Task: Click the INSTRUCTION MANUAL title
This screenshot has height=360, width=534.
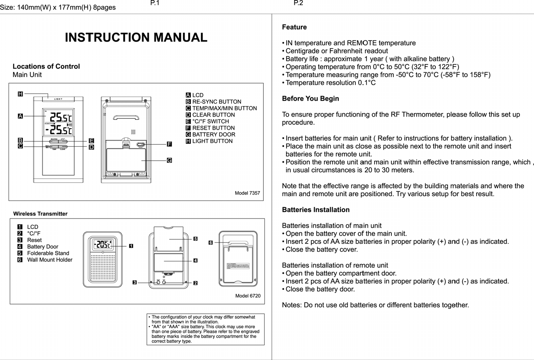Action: pyautogui.click(x=136, y=38)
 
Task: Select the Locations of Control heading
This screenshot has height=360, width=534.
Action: pyautogui.click(x=46, y=66)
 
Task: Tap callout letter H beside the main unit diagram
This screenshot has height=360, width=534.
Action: pyautogui.click(x=20, y=94)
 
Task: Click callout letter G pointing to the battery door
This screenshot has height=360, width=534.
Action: pyautogui.click(x=169, y=160)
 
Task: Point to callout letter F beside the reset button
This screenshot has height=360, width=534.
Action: pyautogui.click(x=169, y=144)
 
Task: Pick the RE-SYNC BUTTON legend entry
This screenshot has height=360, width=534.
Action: pyautogui.click(x=216, y=102)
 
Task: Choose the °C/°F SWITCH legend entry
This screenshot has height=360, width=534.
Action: pyautogui.click(x=210, y=121)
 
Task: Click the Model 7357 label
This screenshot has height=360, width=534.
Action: pyautogui.click(x=247, y=193)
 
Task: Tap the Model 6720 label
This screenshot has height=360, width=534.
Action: pyautogui.click(x=248, y=296)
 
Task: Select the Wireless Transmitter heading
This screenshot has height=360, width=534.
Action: pyautogui.click(x=40, y=214)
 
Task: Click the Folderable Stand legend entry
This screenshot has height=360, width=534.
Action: pyautogui.click(x=48, y=253)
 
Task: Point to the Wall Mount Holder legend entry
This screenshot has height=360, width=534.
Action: pyautogui.click(x=49, y=260)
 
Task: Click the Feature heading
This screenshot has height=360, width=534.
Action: pyautogui.click(x=294, y=27)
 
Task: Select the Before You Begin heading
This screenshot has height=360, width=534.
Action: pyautogui.click(x=310, y=99)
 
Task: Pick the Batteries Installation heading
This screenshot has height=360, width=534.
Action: pyautogui.click(x=316, y=210)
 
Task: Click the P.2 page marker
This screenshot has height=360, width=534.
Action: pyautogui.click(x=298, y=4)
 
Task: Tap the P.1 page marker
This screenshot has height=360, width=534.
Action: pyautogui.click(x=155, y=4)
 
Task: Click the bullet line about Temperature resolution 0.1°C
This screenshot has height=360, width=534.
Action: pyautogui.click(x=331, y=83)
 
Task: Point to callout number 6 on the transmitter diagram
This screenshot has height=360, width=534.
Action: pyautogui.click(x=210, y=243)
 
